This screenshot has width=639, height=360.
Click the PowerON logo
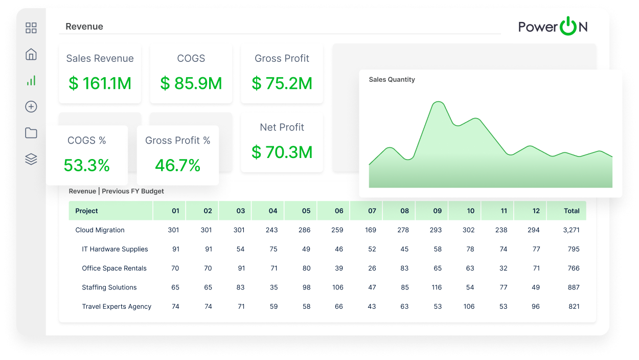(x=553, y=27)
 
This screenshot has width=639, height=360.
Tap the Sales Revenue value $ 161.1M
(x=100, y=83)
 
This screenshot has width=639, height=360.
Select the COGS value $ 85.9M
(x=191, y=83)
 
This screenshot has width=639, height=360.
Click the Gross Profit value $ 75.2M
(x=282, y=83)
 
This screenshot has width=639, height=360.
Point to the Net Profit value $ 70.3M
(x=282, y=152)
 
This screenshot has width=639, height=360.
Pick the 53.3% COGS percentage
(x=87, y=165)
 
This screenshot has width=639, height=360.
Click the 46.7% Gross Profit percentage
(x=177, y=165)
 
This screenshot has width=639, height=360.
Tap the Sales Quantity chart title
(x=392, y=80)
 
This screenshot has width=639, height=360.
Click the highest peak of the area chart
(x=438, y=102)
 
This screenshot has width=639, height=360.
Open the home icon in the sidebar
(x=31, y=54)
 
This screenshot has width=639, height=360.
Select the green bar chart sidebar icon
(x=31, y=80)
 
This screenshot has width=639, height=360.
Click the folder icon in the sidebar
(x=31, y=133)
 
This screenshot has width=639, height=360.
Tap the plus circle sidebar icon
(x=31, y=106)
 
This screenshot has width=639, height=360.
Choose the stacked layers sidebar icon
(x=31, y=160)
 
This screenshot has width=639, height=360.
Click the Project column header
(x=86, y=211)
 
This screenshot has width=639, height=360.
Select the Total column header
(x=572, y=211)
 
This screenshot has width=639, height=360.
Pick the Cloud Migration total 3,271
(x=571, y=230)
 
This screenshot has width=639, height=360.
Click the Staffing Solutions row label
(x=109, y=287)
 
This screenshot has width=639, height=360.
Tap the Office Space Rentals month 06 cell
(x=338, y=268)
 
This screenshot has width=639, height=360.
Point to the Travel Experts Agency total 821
(x=574, y=307)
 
